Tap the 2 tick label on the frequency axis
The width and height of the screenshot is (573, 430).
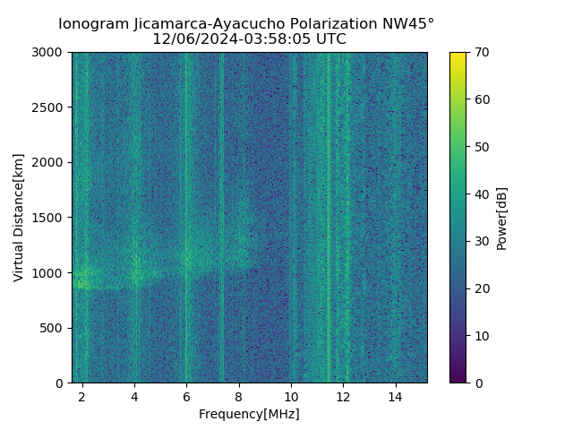[82, 395]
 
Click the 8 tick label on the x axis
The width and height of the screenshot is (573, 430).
[239, 395]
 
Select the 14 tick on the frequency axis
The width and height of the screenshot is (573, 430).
[395, 395]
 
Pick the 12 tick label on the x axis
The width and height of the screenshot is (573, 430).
[343, 395]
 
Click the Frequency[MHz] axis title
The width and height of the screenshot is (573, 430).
[249, 414]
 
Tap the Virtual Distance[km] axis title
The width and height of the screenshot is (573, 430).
[19, 218]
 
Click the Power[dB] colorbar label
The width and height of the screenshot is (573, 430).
[502, 218]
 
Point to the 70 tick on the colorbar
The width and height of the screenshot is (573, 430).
[483, 53]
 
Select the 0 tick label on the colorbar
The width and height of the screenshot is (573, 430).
[480, 383]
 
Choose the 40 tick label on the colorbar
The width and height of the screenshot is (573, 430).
[483, 194]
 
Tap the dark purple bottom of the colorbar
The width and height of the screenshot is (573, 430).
[458, 380]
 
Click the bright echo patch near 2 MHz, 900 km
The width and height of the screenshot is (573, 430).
[83, 279]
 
